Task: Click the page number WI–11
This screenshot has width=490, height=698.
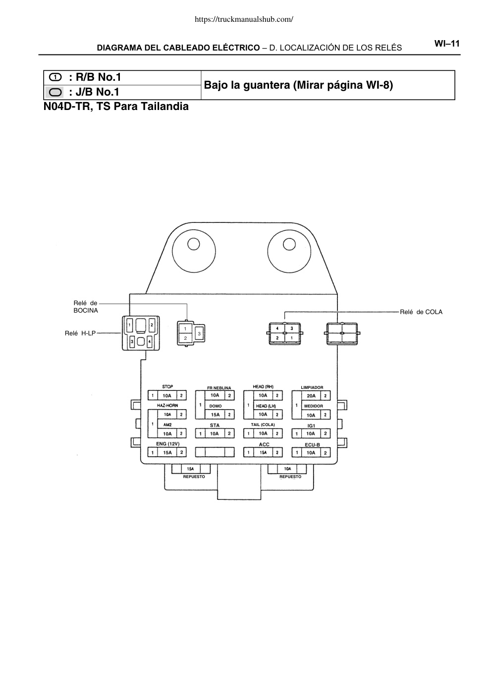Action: click(447, 44)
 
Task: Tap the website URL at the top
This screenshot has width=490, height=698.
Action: click(244, 19)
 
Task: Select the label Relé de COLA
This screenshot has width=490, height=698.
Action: click(421, 312)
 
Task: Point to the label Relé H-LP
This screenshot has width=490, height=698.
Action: click(80, 333)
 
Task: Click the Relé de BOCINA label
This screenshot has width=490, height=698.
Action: click(86, 307)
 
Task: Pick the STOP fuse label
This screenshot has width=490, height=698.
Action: click(167, 387)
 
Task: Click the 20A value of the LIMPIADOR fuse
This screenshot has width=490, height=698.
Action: click(311, 396)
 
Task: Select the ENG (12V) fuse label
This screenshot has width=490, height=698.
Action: click(167, 444)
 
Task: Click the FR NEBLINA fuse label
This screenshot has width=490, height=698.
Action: click(219, 388)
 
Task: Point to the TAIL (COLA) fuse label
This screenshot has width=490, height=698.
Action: click(263, 425)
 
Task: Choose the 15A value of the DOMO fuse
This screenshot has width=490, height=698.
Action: click(215, 415)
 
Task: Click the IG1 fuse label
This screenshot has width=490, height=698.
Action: click(311, 426)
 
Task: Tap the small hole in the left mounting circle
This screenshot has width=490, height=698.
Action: click(194, 244)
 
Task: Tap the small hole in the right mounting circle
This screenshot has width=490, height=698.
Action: click(289, 244)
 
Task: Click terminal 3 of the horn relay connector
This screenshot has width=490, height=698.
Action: click(199, 334)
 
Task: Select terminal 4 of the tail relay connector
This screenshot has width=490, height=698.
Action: click(277, 328)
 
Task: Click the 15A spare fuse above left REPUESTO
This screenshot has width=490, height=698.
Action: click(190, 468)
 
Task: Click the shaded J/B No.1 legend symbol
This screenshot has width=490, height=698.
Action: click(55, 92)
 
